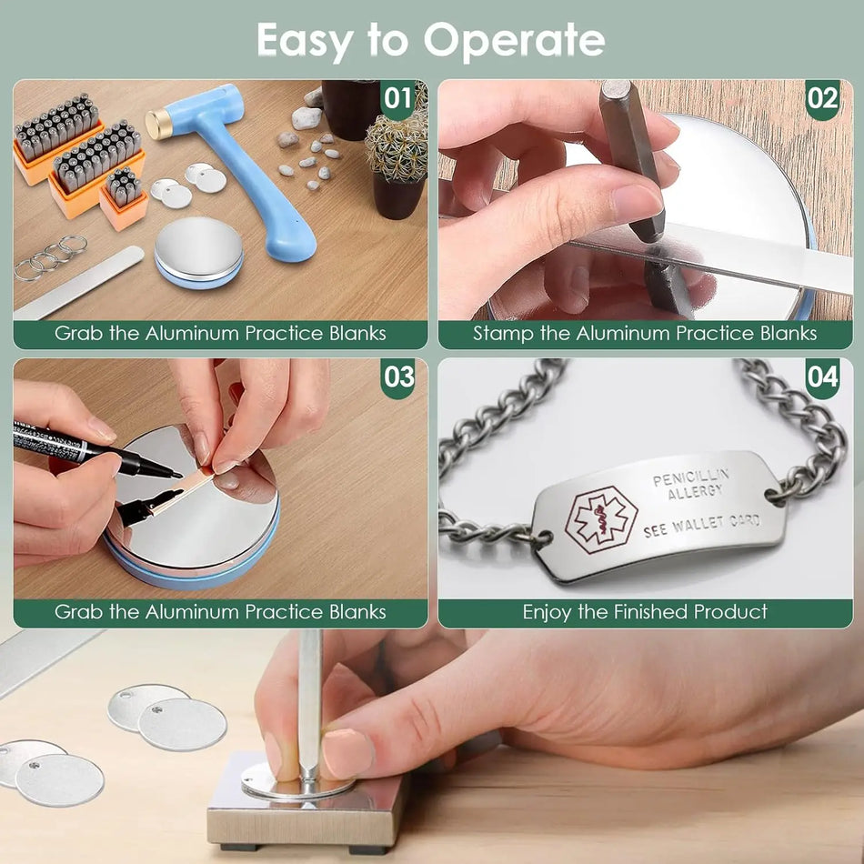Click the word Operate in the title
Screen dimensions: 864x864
(x=514, y=41)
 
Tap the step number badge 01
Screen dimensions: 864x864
(x=397, y=98)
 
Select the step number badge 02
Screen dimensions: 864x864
(x=822, y=98)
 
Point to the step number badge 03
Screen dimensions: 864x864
(x=397, y=377)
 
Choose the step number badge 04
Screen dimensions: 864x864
(x=822, y=377)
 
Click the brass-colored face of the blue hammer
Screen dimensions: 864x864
(x=156, y=125)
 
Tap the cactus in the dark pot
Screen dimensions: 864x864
(x=397, y=147)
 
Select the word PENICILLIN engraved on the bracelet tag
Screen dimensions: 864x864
(x=691, y=477)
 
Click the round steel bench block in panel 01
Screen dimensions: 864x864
(x=198, y=252)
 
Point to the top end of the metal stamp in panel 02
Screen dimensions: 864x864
(x=616, y=87)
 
